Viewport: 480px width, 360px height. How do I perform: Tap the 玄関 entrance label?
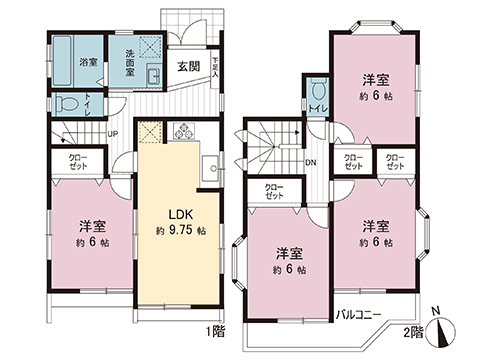[188, 67]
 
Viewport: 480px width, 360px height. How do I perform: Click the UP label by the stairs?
[112, 134]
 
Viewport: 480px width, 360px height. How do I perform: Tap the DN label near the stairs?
[311, 162]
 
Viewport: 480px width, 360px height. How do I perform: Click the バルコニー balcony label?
[355, 315]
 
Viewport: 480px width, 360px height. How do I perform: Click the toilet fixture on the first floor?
[66, 102]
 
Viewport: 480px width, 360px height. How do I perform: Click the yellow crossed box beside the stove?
[151, 131]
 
